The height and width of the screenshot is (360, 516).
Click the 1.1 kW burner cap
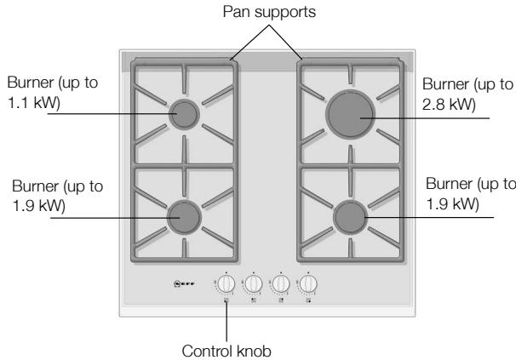184,114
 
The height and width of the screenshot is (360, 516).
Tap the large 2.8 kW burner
350,114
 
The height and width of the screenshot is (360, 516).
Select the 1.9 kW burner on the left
184,217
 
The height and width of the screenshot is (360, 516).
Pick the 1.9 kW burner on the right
350,217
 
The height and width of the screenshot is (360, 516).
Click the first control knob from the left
226,283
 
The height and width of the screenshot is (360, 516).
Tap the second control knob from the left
254,283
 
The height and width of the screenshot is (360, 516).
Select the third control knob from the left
281,283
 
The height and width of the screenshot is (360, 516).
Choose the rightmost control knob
308,283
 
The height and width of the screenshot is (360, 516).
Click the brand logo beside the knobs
184,283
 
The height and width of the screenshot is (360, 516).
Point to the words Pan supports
269,12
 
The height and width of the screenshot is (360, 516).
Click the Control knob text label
226,351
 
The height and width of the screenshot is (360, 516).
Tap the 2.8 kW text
449,105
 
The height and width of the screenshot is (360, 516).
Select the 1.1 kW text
33,103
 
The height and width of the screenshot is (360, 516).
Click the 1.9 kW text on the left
39,206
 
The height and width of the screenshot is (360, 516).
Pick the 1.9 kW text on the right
452,203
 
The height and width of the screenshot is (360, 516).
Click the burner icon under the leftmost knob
226,300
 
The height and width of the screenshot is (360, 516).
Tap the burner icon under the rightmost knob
308,300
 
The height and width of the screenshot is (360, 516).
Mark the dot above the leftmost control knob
226,272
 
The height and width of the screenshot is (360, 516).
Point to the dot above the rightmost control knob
308,272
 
